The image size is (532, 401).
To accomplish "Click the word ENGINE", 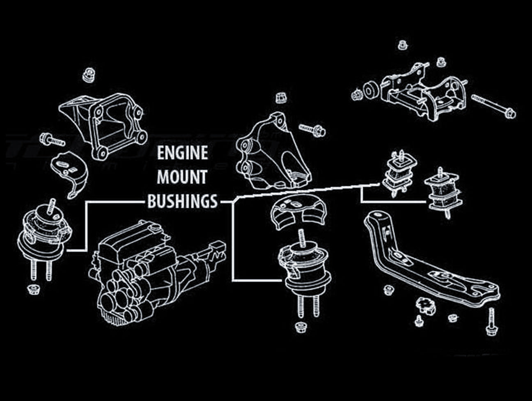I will [x=182, y=153].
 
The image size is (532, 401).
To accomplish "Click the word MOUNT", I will [x=182, y=177].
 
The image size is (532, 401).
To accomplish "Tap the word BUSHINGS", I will [x=182, y=202].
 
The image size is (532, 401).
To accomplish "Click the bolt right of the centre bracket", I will [x=312, y=130].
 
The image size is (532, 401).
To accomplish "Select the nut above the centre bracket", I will [x=280, y=98].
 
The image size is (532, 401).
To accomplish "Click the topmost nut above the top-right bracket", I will [x=401, y=44].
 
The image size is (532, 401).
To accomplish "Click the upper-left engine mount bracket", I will [x=104, y=123].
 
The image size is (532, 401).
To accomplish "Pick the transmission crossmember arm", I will [x=427, y=263].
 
